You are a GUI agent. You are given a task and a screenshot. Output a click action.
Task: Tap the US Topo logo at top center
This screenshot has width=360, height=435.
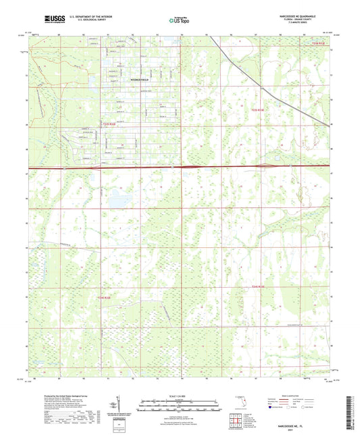(179, 20)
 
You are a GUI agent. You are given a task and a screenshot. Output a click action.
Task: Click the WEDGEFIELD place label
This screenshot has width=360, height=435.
(140, 79)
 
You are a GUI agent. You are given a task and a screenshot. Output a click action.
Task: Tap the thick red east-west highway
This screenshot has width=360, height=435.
(203, 166)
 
